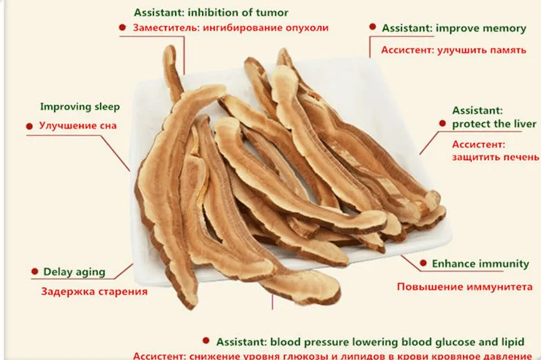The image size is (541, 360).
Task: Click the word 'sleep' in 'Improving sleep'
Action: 105,106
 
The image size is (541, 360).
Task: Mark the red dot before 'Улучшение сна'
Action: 29,126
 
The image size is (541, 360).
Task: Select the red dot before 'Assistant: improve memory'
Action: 373,26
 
